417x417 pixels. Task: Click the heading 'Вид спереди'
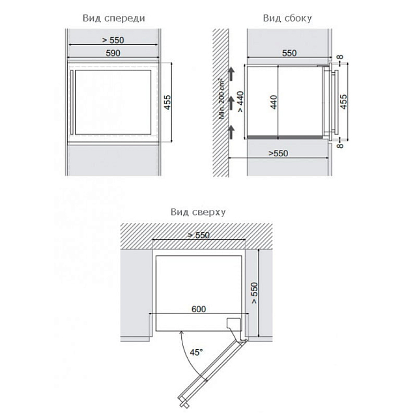[x=114, y=18]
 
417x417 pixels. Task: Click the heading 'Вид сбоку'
[x=287, y=18]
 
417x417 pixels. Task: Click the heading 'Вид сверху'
[x=198, y=212]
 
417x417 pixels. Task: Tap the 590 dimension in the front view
[x=113, y=53]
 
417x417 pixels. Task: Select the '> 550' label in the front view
[x=113, y=40]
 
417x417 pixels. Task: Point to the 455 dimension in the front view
[x=167, y=102]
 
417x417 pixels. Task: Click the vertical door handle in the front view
[x=72, y=102]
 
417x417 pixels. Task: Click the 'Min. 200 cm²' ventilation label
[x=222, y=98]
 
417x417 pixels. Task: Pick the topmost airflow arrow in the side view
[x=231, y=74]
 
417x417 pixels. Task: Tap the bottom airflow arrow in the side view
[x=231, y=132]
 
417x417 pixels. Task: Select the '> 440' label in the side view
[x=240, y=102]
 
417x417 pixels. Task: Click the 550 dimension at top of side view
[x=289, y=53]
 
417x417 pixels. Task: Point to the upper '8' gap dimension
[x=340, y=57]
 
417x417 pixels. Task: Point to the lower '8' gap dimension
[x=340, y=145]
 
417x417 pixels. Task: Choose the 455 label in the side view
[x=343, y=102]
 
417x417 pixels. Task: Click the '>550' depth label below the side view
[x=278, y=154]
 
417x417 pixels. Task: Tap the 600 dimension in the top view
[x=199, y=309]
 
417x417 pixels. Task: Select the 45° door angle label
[x=196, y=352]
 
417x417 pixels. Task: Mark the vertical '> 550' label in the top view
[x=254, y=293]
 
